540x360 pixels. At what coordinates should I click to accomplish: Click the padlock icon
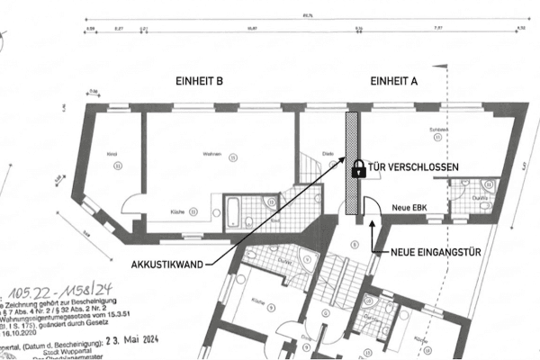[x=358, y=167]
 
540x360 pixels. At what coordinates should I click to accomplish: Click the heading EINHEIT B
[x=201, y=82]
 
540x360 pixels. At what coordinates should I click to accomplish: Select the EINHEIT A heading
[x=394, y=82]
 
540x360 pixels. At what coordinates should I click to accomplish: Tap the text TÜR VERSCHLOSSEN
[x=413, y=167]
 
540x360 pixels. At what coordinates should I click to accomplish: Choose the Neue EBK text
[x=415, y=208]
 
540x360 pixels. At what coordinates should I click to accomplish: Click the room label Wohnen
[x=213, y=155]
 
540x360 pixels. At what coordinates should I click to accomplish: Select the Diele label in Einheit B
[x=329, y=154]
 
